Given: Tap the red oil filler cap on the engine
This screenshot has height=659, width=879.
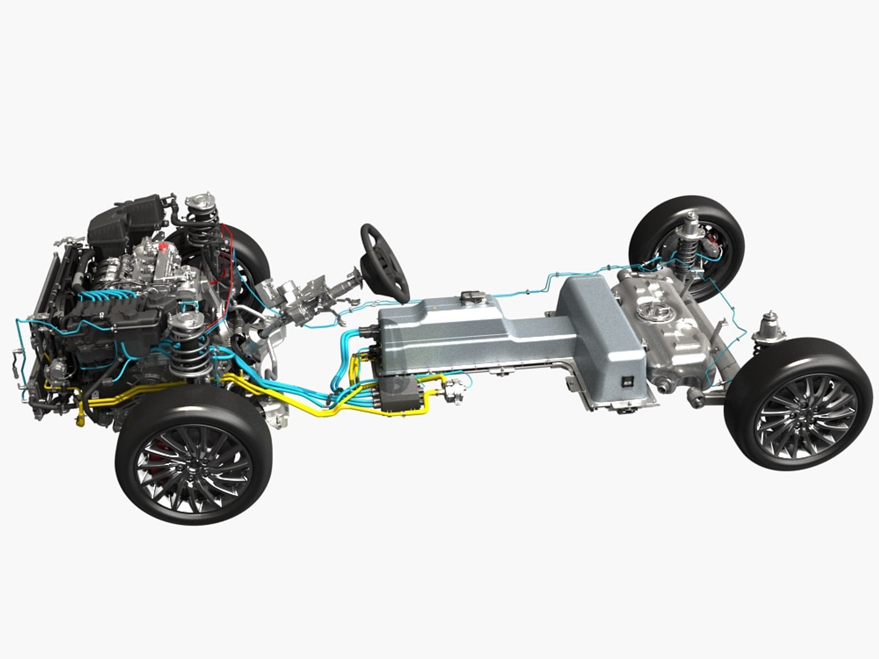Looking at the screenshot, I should (163, 248).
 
